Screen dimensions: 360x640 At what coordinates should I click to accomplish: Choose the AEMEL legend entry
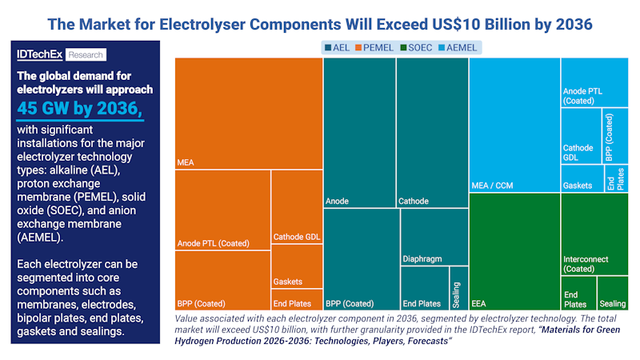(458, 47)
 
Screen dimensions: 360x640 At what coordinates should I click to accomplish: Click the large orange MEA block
(248, 113)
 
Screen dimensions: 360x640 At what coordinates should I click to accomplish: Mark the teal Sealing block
(458, 288)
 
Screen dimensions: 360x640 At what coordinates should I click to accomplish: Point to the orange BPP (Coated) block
(222, 280)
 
